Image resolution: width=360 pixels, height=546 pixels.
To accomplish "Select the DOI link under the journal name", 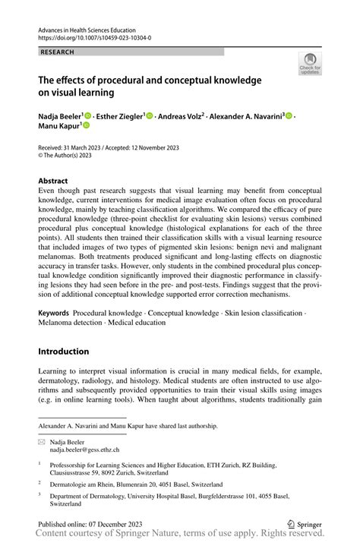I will pos(93,36).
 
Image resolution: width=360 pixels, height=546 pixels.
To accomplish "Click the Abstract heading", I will pos(58,181).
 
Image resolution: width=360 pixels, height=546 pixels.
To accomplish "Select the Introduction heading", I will pos(64,352).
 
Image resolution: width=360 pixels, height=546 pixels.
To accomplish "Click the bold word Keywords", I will pos(54,313).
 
